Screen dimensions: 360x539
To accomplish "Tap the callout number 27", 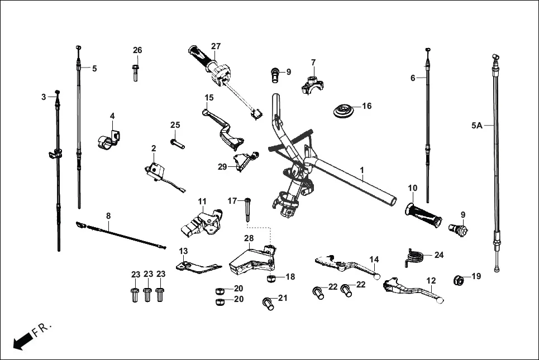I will coord(216,46).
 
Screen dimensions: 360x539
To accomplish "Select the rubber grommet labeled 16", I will coord(344,111).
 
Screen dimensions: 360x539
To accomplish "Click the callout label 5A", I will coord(476,126).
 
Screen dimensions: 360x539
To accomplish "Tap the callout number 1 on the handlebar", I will coord(362,169).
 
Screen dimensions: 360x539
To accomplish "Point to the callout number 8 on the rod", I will coord(108,215).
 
